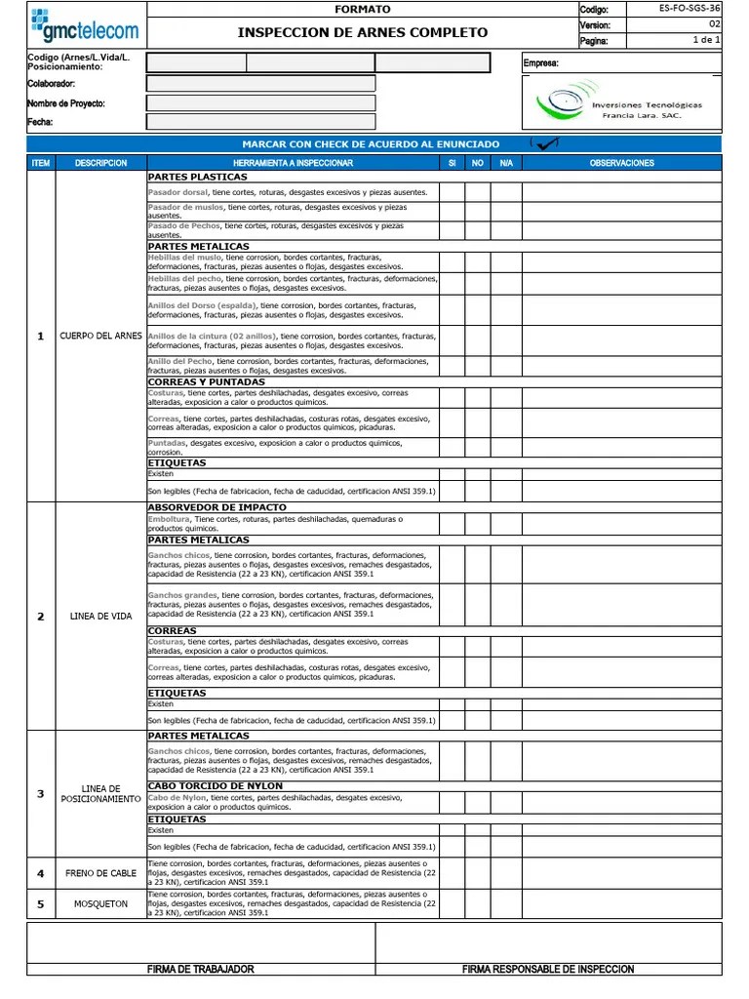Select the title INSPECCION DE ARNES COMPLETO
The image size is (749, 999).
pyautogui.click(x=362, y=32)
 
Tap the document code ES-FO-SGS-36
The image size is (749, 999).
pyautogui.click(x=689, y=9)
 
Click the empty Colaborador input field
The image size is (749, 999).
pyautogui.click(x=260, y=84)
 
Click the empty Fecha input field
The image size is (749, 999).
pyautogui.click(x=260, y=122)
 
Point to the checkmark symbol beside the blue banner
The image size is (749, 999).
pyautogui.click(x=546, y=143)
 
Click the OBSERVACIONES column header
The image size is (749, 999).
pyautogui.click(x=621, y=163)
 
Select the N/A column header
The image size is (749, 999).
pyautogui.click(x=505, y=163)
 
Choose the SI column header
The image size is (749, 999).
pyautogui.click(x=452, y=163)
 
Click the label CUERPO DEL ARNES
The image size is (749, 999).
pyautogui.click(x=101, y=337)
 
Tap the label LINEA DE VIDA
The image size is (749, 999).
pyautogui.click(x=100, y=617)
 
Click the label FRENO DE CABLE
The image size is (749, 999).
pyautogui.click(x=100, y=873)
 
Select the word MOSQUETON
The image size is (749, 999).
pyautogui.click(x=100, y=904)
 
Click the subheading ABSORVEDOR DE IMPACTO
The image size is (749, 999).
pyautogui.click(x=217, y=508)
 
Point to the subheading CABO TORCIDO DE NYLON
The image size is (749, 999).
pyautogui.click(x=215, y=786)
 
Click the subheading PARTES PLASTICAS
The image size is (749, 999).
pyautogui.click(x=197, y=178)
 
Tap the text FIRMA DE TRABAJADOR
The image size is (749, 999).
pyautogui.click(x=200, y=969)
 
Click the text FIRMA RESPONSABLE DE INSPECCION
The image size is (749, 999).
pyautogui.click(x=548, y=969)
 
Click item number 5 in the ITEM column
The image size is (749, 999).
pyautogui.click(x=41, y=904)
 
